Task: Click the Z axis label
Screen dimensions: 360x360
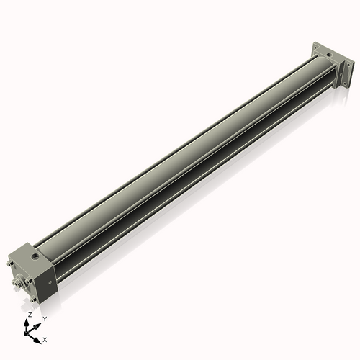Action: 30,315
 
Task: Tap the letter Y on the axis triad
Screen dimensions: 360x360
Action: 45,318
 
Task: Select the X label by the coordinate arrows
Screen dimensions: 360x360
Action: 45,338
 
